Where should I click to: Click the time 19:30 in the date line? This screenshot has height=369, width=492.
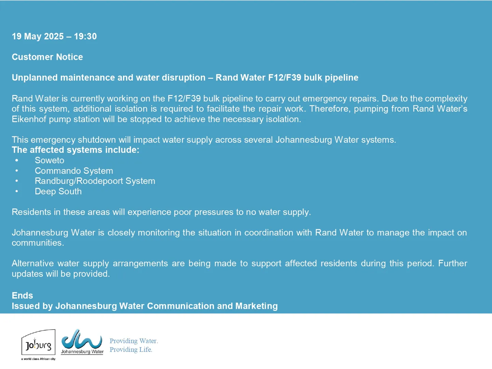point(85,36)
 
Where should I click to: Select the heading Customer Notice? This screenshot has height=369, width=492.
point(47,57)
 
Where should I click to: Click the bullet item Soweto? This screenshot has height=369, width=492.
point(49,160)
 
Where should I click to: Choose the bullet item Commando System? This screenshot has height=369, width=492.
point(74,171)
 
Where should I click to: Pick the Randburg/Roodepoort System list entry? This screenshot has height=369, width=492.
point(95,181)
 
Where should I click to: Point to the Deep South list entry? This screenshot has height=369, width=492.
point(58,191)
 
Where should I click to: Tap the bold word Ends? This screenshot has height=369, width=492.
point(23,296)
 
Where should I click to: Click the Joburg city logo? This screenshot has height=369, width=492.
point(38,342)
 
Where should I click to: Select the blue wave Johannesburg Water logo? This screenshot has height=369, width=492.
point(82,341)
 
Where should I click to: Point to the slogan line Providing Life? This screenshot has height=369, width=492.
point(131,350)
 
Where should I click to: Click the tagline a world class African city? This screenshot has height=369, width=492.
point(38,359)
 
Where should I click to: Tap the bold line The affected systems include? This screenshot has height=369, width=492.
point(76,150)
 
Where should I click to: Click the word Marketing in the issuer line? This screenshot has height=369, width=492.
point(257,306)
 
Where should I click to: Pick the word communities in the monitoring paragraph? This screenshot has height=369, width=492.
point(38,243)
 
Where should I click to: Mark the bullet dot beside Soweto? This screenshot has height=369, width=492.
point(17,161)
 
